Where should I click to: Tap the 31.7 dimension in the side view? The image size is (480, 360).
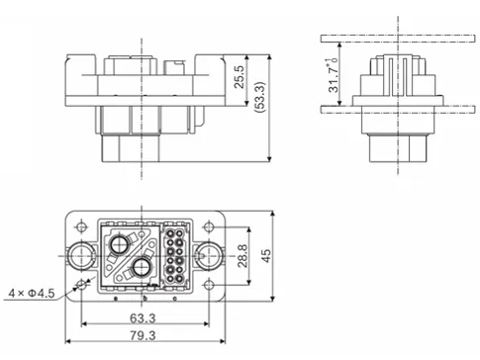point(336,75)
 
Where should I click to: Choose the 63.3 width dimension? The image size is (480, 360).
point(143,318)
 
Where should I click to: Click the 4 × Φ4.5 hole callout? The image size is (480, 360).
point(30,293)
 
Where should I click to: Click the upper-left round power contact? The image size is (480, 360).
point(120,244)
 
